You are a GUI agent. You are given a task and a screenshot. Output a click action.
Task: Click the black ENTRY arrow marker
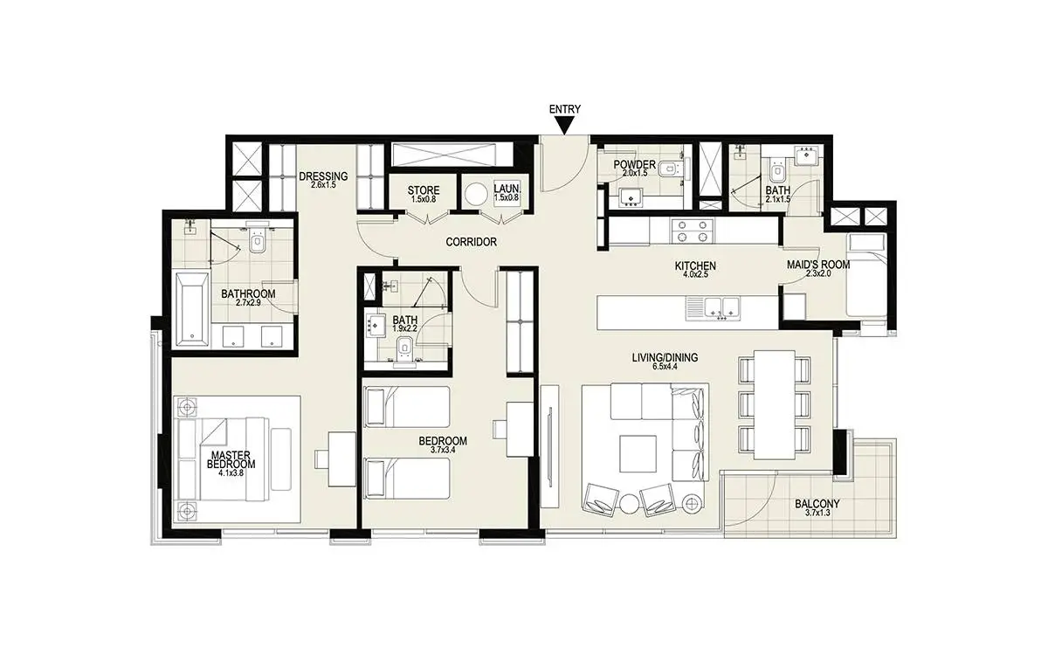pyautogui.click(x=565, y=126)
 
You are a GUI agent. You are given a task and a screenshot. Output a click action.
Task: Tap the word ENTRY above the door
pyautogui.click(x=565, y=109)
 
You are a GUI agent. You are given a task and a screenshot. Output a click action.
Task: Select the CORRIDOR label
pyautogui.click(x=471, y=242)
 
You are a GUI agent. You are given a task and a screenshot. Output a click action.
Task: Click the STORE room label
pyautogui.click(x=424, y=190)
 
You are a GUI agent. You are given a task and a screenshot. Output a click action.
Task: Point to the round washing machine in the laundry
pyautogui.click(x=476, y=195)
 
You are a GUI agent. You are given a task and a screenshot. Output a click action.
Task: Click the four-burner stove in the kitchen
pyautogui.click(x=693, y=231)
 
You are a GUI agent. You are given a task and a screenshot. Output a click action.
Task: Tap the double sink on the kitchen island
pyautogui.click(x=714, y=308)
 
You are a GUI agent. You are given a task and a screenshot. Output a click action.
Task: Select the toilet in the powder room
pyautogui.click(x=670, y=169)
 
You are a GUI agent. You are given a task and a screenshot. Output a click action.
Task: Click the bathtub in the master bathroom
pyautogui.click(x=192, y=309)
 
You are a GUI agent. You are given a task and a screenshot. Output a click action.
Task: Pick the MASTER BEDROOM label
pyautogui.click(x=231, y=460)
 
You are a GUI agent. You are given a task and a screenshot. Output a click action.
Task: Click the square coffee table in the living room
pyautogui.click(x=638, y=454)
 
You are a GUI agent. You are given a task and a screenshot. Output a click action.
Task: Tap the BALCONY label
pyautogui.click(x=817, y=504)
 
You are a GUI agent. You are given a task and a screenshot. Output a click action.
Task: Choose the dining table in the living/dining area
pyautogui.click(x=775, y=404)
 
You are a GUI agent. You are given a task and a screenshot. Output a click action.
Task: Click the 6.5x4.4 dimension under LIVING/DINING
pyautogui.click(x=665, y=367)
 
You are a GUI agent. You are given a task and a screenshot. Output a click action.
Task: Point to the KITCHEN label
pyautogui.click(x=695, y=266)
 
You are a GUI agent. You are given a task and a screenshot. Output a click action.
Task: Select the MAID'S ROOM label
pyautogui.click(x=818, y=265)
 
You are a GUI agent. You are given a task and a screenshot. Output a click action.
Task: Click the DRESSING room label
pyautogui.click(x=323, y=176)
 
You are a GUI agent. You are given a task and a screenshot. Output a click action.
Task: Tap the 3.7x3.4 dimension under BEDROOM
pyautogui.click(x=443, y=450)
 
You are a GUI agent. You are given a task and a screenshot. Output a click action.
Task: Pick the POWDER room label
pyautogui.click(x=634, y=165)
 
